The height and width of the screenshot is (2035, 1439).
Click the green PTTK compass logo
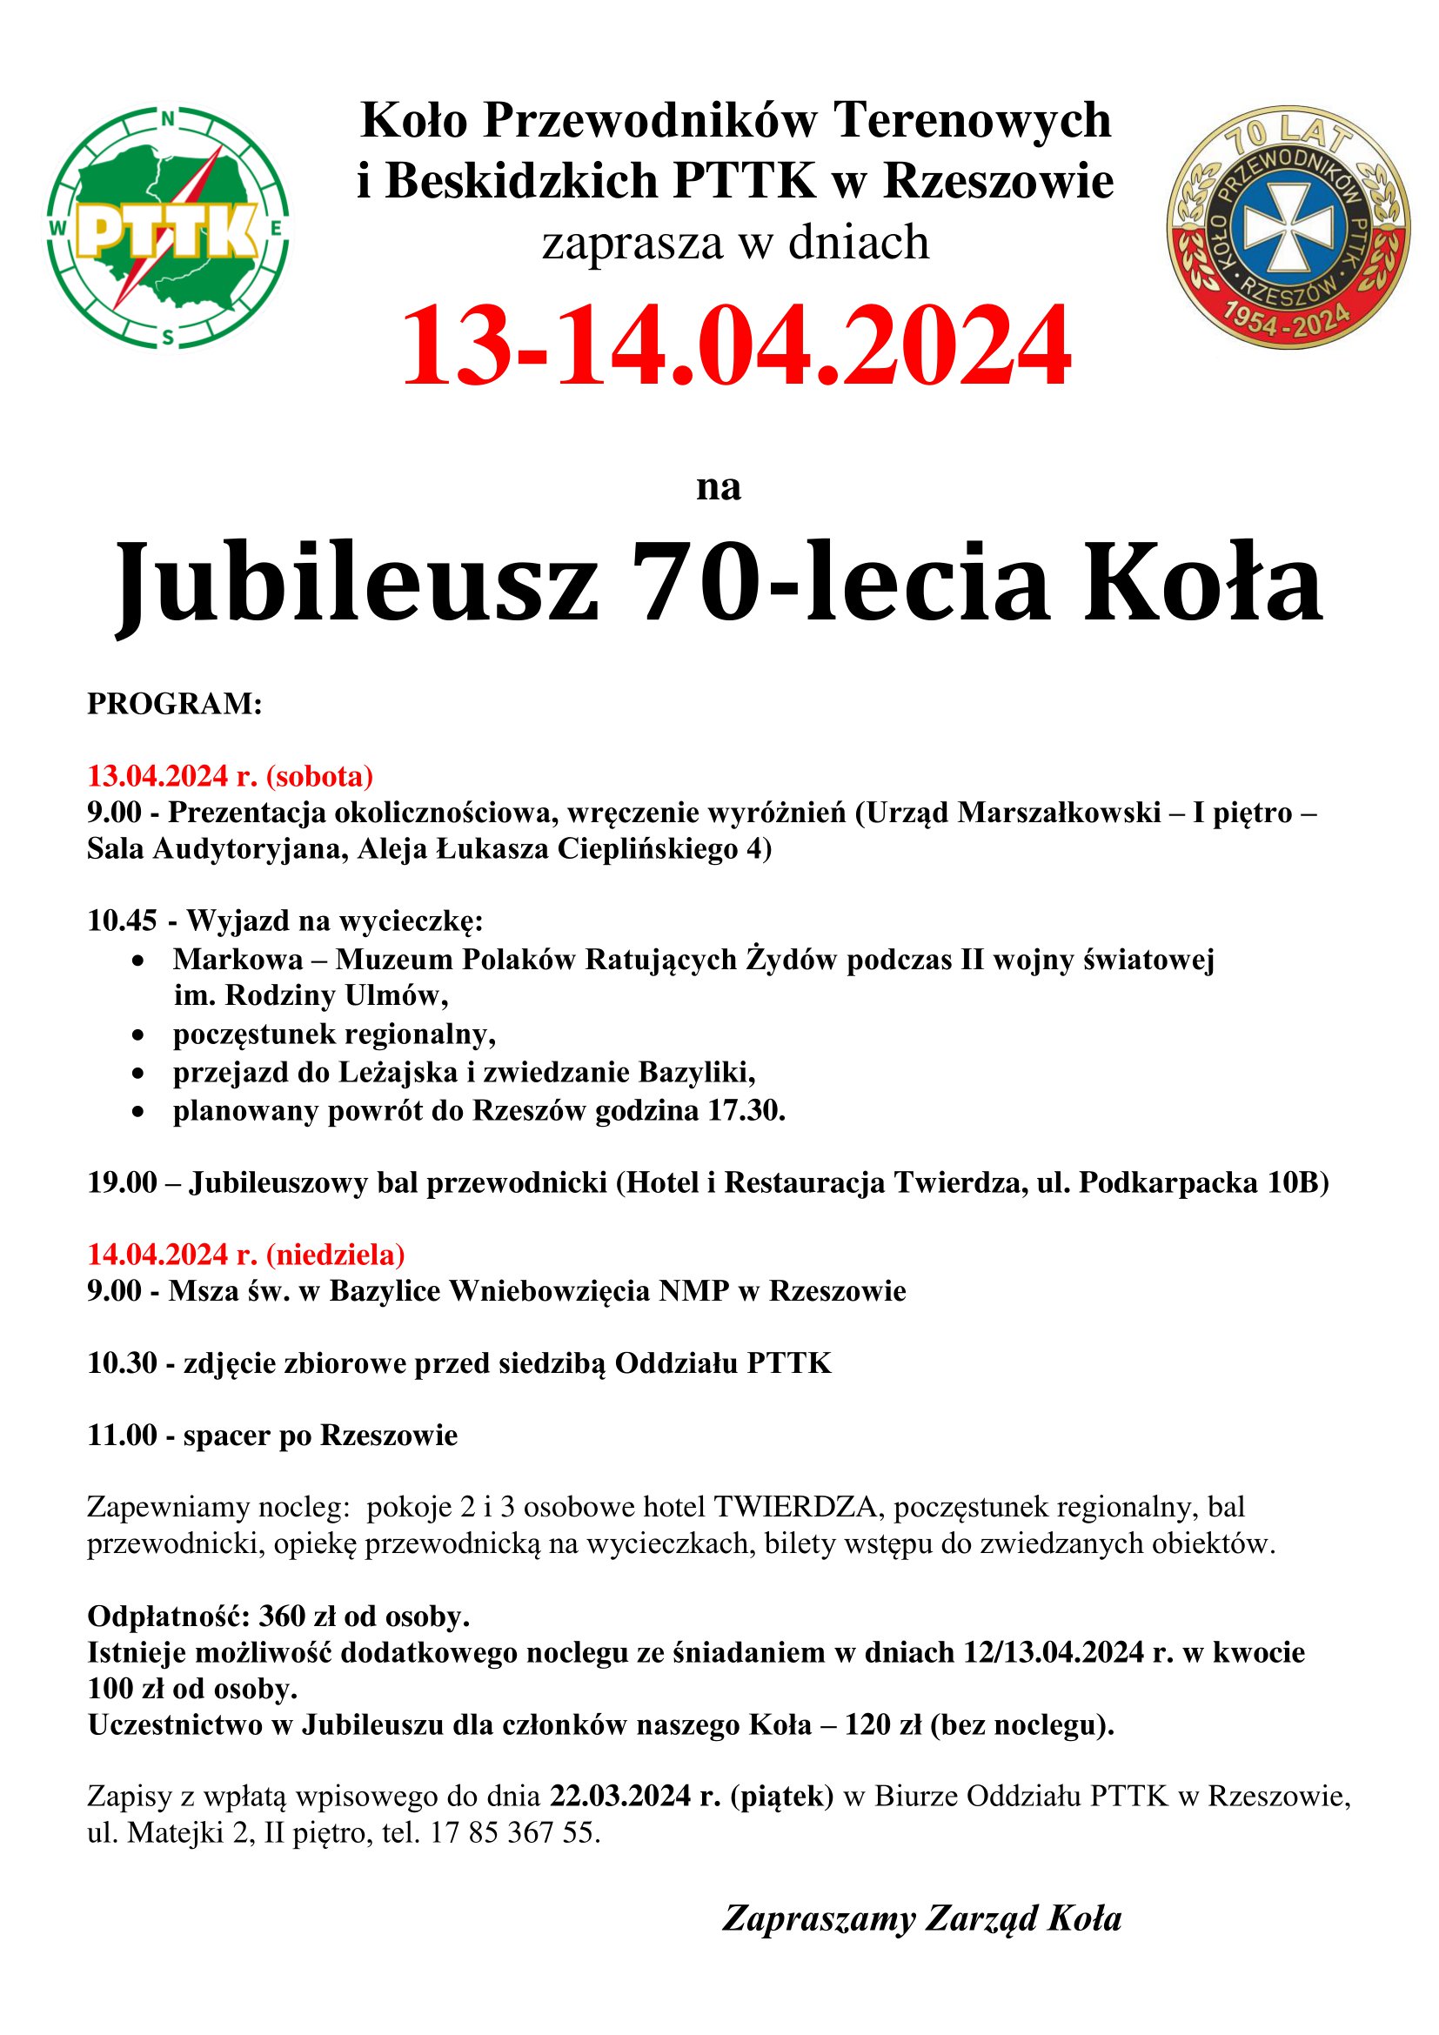click(169, 228)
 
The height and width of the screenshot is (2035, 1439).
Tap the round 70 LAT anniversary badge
click(1288, 228)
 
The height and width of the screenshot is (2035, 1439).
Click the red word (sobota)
click(320, 776)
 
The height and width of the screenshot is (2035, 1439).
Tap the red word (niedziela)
click(335, 1255)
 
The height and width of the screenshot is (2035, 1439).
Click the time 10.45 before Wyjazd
click(122, 920)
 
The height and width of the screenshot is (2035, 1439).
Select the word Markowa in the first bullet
click(238, 959)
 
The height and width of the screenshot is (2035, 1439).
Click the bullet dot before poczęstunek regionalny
click(137, 1035)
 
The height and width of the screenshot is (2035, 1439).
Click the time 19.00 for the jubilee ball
click(122, 1182)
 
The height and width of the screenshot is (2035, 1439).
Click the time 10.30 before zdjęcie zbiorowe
click(122, 1363)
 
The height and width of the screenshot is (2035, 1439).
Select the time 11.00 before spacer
click(122, 1435)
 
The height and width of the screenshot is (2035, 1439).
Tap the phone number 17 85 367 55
click(514, 1832)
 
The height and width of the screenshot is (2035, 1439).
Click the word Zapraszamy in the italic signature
click(818, 1919)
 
